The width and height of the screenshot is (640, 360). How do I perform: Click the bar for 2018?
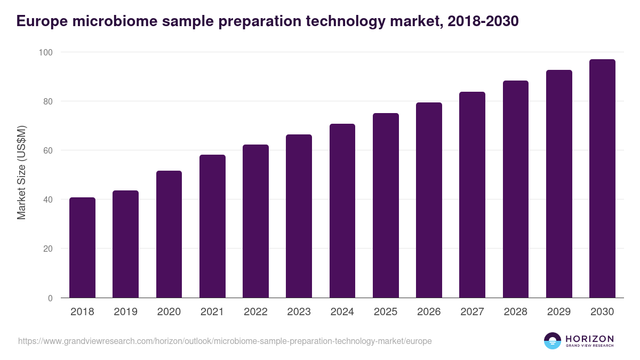pyautogui.click(x=82, y=247)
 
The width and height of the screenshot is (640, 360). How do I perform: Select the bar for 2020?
pyautogui.click(x=169, y=234)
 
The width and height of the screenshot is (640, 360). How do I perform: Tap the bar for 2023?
pyautogui.click(x=299, y=216)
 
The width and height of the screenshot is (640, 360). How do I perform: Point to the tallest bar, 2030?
pyautogui.click(x=602, y=179)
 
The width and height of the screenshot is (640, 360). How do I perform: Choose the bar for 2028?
pyautogui.click(x=516, y=189)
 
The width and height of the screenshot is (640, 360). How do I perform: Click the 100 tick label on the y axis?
pyautogui.click(x=45, y=52)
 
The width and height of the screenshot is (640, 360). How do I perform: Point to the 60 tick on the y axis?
pyautogui.click(x=47, y=150)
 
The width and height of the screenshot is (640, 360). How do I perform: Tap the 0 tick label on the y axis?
pyautogui.click(x=50, y=298)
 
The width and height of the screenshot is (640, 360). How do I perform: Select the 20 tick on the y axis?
pyautogui.click(x=47, y=249)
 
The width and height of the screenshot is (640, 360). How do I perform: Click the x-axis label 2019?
pyautogui.click(x=125, y=312)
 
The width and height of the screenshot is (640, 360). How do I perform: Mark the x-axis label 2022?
pyautogui.click(x=255, y=312)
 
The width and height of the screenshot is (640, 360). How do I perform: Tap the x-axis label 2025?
pyautogui.click(x=386, y=312)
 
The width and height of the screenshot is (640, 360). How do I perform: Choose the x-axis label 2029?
pyautogui.click(x=559, y=312)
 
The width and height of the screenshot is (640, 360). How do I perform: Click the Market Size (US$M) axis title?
pyautogui.click(x=22, y=172)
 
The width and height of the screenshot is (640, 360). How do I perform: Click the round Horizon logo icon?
pyautogui.click(x=553, y=341)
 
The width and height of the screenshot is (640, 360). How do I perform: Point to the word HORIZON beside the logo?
pyautogui.click(x=589, y=338)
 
